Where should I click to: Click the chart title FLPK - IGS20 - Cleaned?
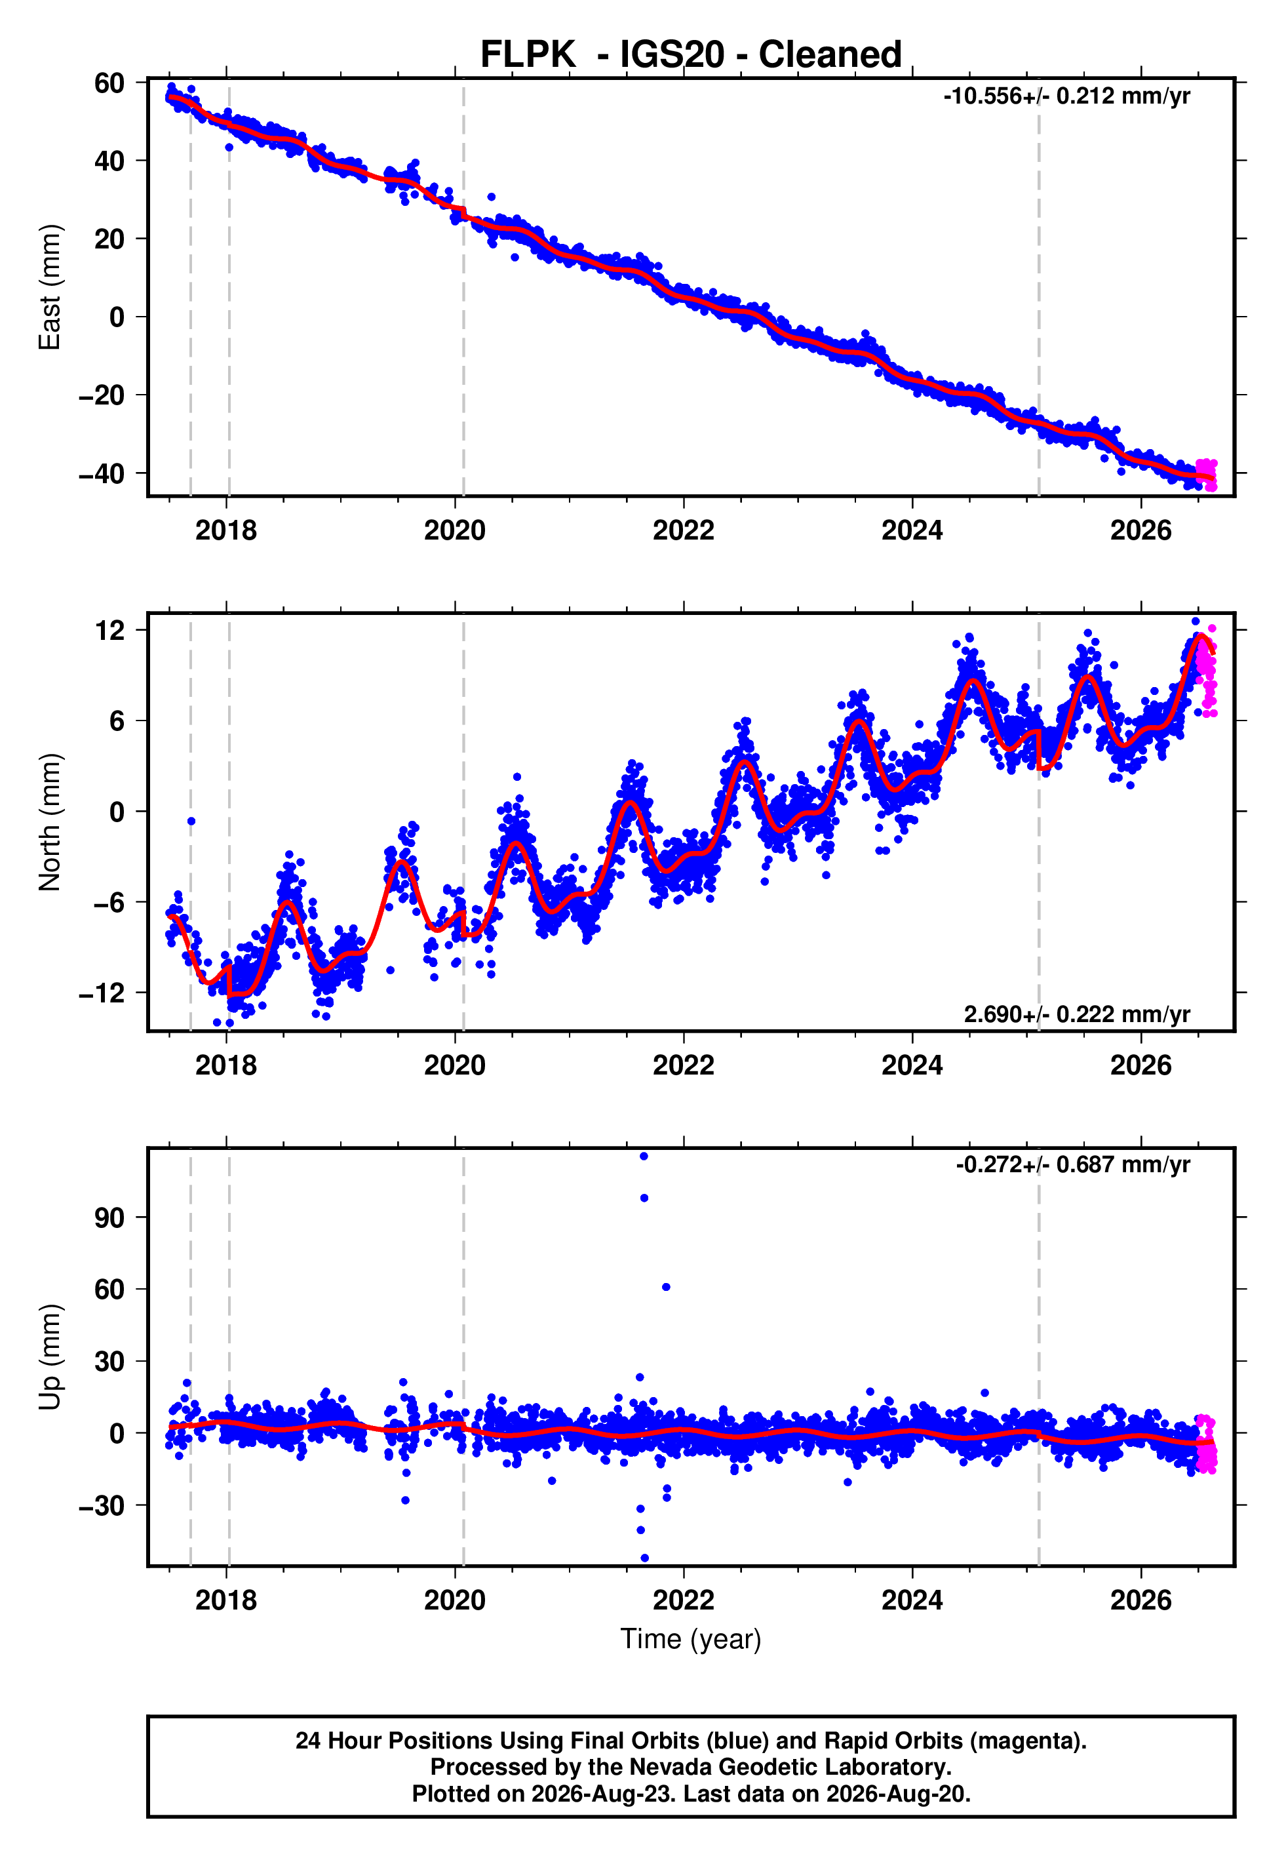tap(691, 55)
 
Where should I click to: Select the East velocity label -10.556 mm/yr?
tap(1067, 96)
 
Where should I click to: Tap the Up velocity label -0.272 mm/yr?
tap(1073, 1164)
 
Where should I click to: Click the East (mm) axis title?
tap(50, 287)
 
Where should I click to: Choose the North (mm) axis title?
tap(50, 822)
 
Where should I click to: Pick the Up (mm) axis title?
tap(50, 1357)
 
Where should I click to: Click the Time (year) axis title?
tap(691, 1640)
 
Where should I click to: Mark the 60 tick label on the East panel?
tap(109, 83)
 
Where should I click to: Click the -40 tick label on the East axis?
tap(102, 474)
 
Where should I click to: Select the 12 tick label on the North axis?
tap(109, 630)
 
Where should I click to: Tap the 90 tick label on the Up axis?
tap(109, 1217)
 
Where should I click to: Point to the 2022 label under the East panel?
tap(683, 530)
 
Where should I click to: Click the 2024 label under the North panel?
tap(912, 1065)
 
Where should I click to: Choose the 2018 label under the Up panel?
tap(225, 1600)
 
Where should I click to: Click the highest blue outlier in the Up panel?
tap(644, 1156)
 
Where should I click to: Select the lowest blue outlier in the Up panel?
tap(644, 1558)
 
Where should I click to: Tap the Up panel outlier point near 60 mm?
tap(665, 1287)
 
